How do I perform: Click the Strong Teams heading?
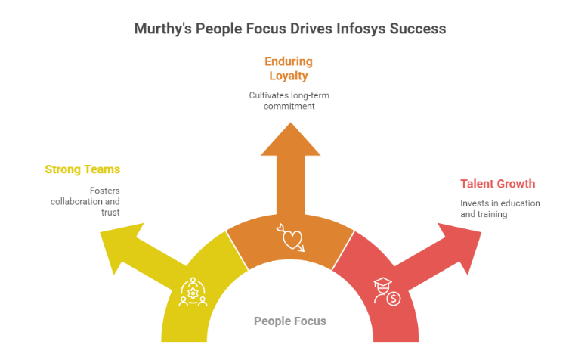(82, 169)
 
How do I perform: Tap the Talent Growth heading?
(498, 184)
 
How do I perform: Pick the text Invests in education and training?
(499, 209)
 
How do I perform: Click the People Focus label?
(290, 321)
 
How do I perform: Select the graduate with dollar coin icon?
(385, 291)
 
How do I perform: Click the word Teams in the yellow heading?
(103, 169)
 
